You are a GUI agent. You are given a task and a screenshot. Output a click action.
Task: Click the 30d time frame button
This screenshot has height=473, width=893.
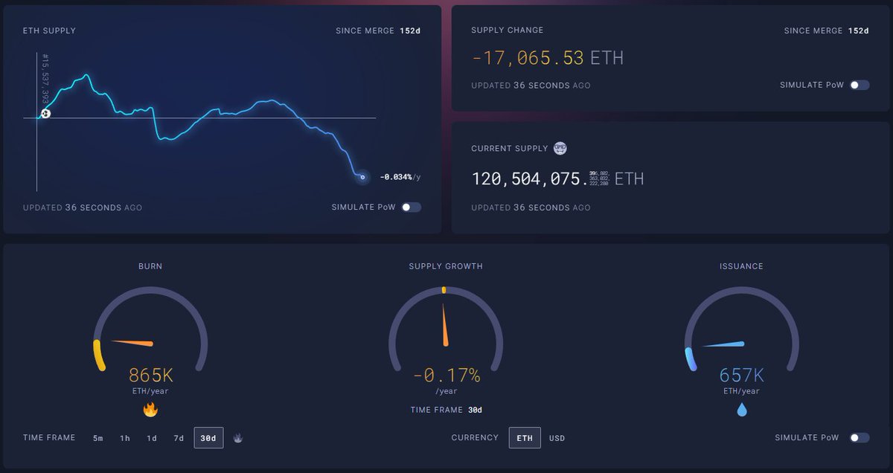(x=208, y=438)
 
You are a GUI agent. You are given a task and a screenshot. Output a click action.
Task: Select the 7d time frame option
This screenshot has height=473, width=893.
(x=179, y=438)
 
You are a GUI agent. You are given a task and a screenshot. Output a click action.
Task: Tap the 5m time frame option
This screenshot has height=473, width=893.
(x=98, y=438)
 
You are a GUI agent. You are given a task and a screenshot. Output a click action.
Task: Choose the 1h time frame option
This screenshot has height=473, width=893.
(x=125, y=438)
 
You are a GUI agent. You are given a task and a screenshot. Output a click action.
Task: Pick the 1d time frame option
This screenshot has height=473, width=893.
(x=152, y=438)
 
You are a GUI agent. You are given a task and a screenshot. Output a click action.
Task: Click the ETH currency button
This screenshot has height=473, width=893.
(x=525, y=438)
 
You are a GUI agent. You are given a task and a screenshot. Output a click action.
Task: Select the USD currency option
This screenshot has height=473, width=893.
(x=557, y=438)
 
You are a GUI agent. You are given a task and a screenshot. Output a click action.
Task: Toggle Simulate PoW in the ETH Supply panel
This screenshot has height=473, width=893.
(x=412, y=207)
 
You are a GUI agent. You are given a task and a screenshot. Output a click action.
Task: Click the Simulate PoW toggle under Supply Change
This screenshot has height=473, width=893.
(x=860, y=86)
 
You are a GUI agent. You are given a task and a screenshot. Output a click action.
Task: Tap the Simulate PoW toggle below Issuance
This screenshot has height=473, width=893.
(x=860, y=438)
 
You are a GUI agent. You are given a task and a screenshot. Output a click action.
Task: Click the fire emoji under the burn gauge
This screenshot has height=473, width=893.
(x=150, y=410)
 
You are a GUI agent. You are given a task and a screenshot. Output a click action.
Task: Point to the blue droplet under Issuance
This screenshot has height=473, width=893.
(x=742, y=410)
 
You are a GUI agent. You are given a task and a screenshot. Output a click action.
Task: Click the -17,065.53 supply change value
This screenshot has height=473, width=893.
(x=528, y=57)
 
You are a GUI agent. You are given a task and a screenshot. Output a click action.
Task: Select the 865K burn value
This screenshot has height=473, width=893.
(x=150, y=376)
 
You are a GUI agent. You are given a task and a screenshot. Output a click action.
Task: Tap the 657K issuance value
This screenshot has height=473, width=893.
(x=741, y=376)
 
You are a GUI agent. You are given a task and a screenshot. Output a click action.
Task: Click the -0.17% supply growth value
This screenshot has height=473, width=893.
(x=446, y=376)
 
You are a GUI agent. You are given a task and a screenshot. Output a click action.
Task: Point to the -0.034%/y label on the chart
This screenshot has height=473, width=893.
(x=400, y=177)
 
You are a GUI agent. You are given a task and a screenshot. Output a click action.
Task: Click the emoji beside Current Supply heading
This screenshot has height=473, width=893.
(x=560, y=149)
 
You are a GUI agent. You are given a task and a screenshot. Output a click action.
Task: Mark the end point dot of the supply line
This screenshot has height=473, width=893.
(x=362, y=177)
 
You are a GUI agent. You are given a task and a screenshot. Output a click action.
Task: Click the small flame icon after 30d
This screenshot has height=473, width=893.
(x=237, y=438)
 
